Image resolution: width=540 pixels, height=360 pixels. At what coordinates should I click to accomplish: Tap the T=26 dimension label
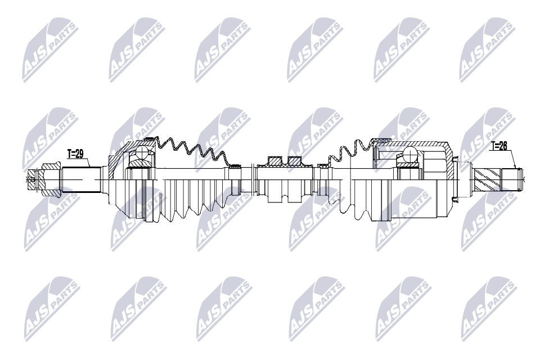click(498, 146)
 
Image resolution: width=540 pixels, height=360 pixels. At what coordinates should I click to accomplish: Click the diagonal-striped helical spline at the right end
click(487, 179)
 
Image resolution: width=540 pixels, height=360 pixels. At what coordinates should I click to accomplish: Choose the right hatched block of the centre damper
click(296, 162)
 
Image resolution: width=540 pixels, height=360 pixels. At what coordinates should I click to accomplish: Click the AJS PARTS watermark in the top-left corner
click(49, 49)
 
